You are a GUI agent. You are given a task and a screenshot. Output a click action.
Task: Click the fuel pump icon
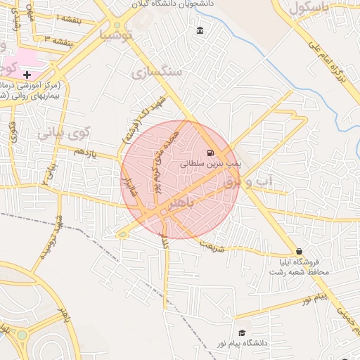(x=210, y=153)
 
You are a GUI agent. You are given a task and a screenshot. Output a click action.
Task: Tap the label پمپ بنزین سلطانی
(x=211, y=163)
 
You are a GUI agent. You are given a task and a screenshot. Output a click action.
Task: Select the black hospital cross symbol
(x=27, y=74)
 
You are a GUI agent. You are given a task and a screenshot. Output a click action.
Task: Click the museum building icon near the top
(x=201, y=30)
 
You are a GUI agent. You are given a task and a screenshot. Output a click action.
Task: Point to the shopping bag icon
(x=300, y=251)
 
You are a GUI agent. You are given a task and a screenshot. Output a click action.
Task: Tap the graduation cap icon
(x=243, y=333)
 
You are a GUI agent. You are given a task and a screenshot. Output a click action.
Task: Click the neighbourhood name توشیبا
(x=117, y=34)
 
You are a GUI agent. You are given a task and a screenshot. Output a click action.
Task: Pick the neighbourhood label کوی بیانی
(x=64, y=131)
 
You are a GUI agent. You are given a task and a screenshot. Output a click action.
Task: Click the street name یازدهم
(x=86, y=150)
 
